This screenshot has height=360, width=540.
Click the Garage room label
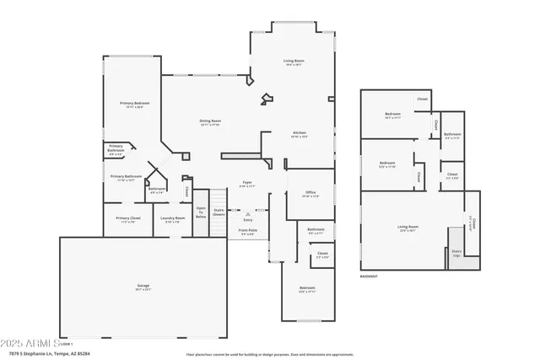tap(144, 287)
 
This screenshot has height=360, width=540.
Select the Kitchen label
tap(300, 134)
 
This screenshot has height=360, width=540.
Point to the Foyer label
tap(247, 183)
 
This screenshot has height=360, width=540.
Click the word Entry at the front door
tap(247, 220)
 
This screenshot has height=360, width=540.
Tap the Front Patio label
tap(248, 232)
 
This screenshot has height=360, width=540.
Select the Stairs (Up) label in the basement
tap(456, 252)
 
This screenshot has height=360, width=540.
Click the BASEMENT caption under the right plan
tap(369, 277)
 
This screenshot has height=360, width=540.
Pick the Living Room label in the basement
tap(408, 227)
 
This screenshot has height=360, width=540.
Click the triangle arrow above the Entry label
tap(247, 214)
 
